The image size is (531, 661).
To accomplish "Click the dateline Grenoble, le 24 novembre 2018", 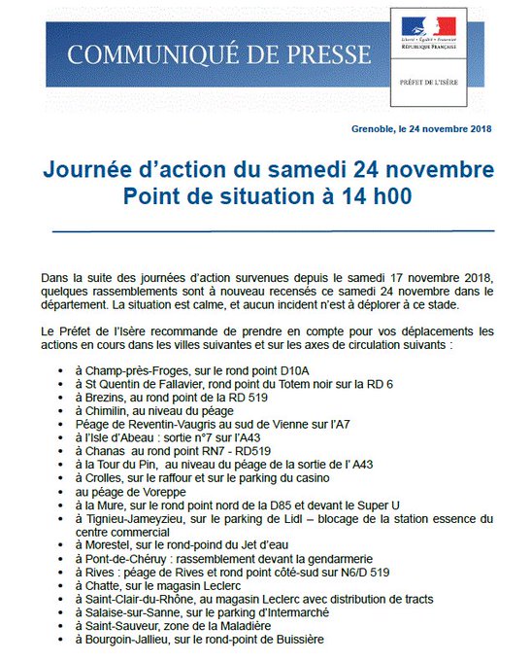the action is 422,129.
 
